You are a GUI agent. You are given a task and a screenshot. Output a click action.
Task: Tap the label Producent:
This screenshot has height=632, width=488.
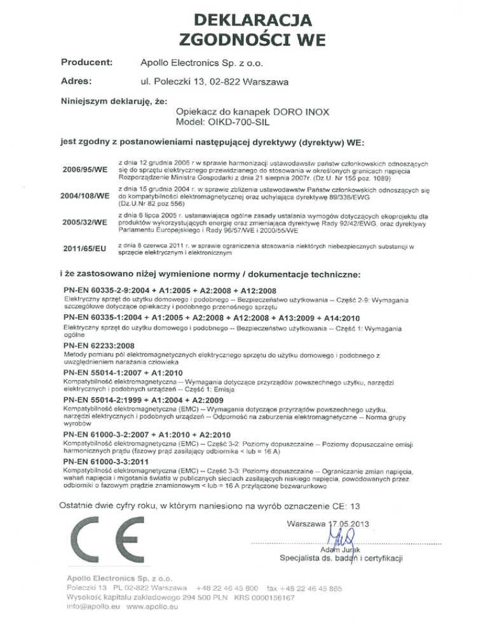pyautogui.click(x=86, y=62)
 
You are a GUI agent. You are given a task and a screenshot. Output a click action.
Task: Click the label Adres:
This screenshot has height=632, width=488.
pyautogui.click(x=77, y=81)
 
